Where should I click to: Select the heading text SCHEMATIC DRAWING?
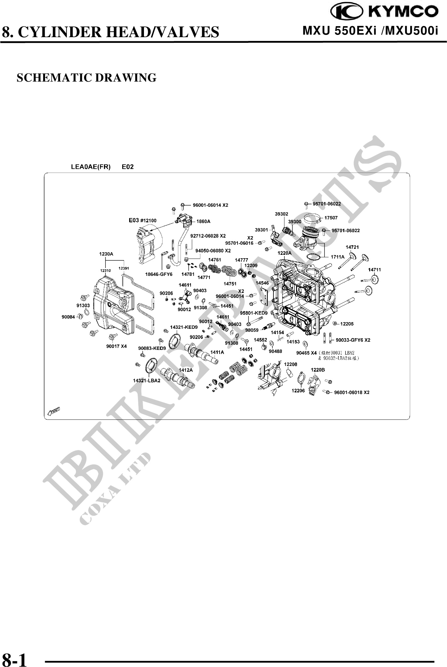(86, 77)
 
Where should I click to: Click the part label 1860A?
(203, 221)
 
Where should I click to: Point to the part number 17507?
(331, 218)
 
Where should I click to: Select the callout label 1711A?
(337, 257)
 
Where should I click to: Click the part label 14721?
(352, 247)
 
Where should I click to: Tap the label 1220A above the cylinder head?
(284, 253)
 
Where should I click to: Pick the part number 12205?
(347, 324)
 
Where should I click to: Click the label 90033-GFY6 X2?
(353, 340)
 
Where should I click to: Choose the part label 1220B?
(318, 370)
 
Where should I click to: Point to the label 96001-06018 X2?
(352, 392)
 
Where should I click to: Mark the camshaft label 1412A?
(186, 370)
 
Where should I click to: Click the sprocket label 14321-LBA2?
(146, 380)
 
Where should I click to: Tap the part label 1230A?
(106, 254)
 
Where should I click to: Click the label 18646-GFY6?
(159, 274)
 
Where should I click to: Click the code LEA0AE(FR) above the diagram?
(91, 167)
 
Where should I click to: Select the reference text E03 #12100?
(143, 220)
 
